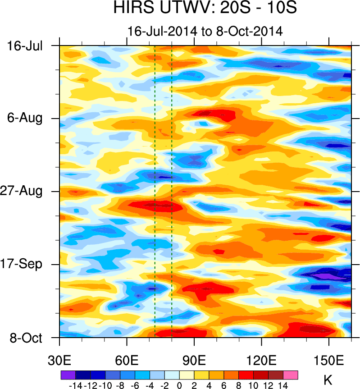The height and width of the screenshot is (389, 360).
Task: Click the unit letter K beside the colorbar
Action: click(x=328, y=380)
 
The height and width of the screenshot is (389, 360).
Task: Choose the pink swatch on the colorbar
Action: click(x=290, y=375)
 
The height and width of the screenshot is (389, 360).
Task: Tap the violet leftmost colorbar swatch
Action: click(x=68, y=375)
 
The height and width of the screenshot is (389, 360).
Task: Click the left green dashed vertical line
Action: click(x=155, y=189)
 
